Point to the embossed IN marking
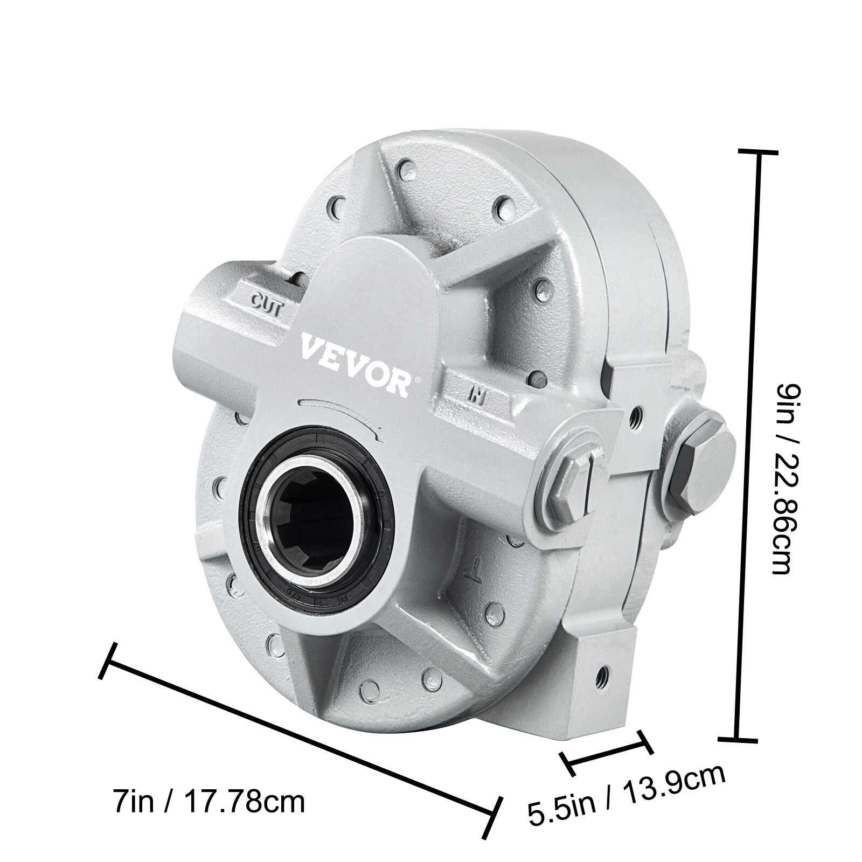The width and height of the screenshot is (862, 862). pos(475,395)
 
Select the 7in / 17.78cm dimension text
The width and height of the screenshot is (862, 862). pos(208,801)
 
